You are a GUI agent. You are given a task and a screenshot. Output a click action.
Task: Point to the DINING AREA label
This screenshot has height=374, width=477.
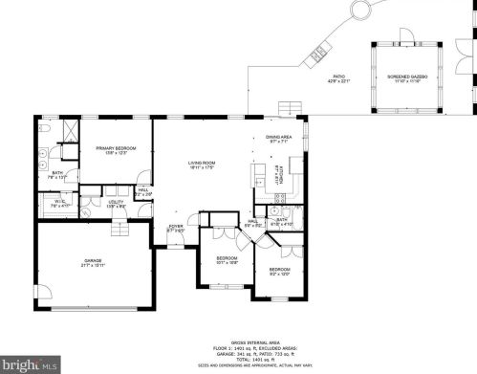(x=279, y=139)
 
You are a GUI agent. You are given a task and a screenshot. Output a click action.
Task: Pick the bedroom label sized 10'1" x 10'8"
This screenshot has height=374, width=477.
(x=227, y=258)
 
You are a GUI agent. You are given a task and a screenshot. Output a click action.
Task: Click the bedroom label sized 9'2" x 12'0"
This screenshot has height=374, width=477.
(x=279, y=271)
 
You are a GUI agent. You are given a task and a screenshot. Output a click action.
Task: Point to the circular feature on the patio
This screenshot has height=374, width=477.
(x=360, y=11)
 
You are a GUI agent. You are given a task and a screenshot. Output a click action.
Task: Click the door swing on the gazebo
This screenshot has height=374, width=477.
(x=407, y=36)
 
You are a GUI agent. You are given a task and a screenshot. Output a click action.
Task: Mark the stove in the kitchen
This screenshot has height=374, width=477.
(x=258, y=177)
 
